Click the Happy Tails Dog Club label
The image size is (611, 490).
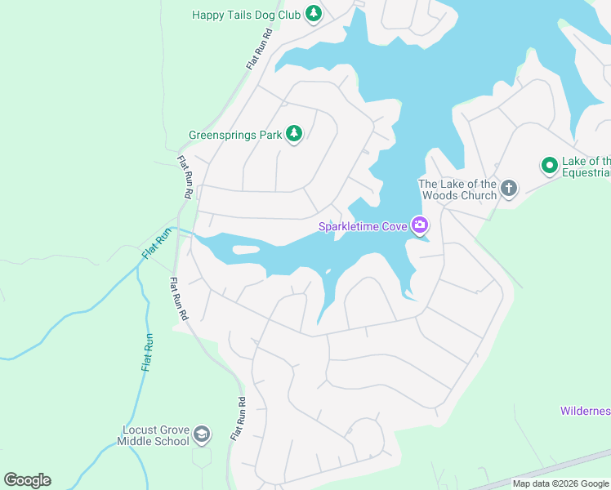(x=247, y=15)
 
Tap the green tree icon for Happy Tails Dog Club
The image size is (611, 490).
(x=313, y=14)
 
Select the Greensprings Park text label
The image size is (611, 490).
(x=234, y=135)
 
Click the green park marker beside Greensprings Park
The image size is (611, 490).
(x=293, y=135)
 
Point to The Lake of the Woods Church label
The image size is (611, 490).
(x=457, y=189)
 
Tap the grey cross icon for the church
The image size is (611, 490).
(x=508, y=189)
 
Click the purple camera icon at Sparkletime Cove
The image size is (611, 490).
(x=420, y=225)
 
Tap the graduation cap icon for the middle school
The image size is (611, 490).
(x=202, y=434)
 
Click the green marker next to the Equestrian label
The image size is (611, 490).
(x=550, y=166)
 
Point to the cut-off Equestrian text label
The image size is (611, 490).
(x=586, y=167)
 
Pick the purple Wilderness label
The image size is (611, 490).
(x=585, y=411)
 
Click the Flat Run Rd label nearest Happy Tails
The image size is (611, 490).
(x=259, y=49)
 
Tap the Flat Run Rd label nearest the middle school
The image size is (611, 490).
(x=238, y=420)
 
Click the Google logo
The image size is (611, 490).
(x=27, y=480)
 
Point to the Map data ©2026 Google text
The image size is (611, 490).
(x=560, y=483)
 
